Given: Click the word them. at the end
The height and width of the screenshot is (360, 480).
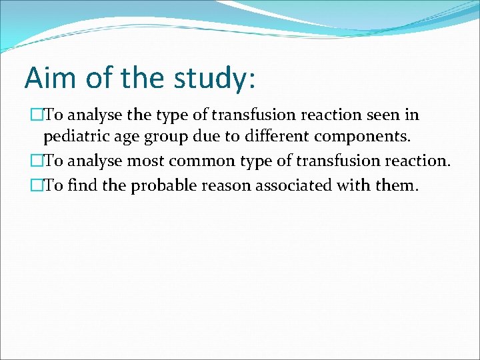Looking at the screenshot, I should (x=396, y=185).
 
